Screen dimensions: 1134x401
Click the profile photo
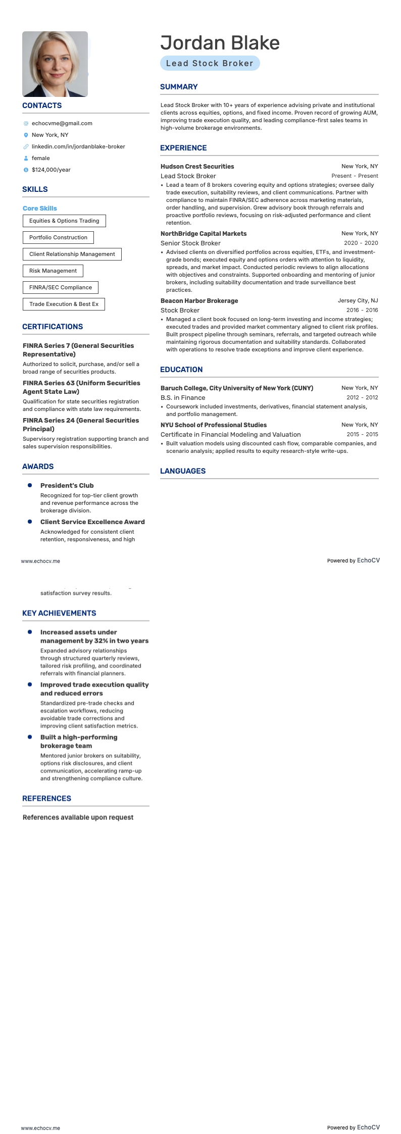pyautogui.click(x=55, y=64)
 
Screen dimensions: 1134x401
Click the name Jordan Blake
pyautogui.click(x=220, y=43)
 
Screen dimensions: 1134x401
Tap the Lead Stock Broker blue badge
pyautogui.click(x=210, y=63)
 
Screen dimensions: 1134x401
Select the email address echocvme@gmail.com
pyautogui.click(x=62, y=123)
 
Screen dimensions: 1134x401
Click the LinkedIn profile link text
pyautogui.click(x=78, y=146)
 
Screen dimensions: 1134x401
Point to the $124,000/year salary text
pyautogui.click(x=51, y=170)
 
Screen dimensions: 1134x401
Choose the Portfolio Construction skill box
pyautogui.click(x=58, y=237)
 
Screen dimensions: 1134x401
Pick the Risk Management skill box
pyautogui.click(x=53, y=271)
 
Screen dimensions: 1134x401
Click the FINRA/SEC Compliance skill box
pyautogui.click(x=61, y=287)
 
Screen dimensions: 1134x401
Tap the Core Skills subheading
pyautogui.click(x=40, y=208)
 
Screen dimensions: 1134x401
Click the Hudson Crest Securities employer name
pyautogui.click(x=197, y=166)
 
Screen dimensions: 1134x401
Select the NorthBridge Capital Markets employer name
pyautogui.click(x=204, y=234)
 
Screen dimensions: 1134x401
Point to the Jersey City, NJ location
pyautogui.click(x=358, y=300)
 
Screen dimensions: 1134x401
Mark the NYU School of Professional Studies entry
pyautogui.click(x=213, y=425)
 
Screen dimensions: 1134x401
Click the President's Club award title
pyautogui.click(x=67, y=485)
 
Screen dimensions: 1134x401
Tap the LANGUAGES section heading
pyautogui.click(x=183, y=471)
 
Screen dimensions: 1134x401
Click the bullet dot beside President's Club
pyautogui.click(x=30, y=485)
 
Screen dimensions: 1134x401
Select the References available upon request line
pyautogui.click(x=78, y=817)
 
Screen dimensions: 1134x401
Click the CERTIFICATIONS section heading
pyautogui.click(x=53, y=327)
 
